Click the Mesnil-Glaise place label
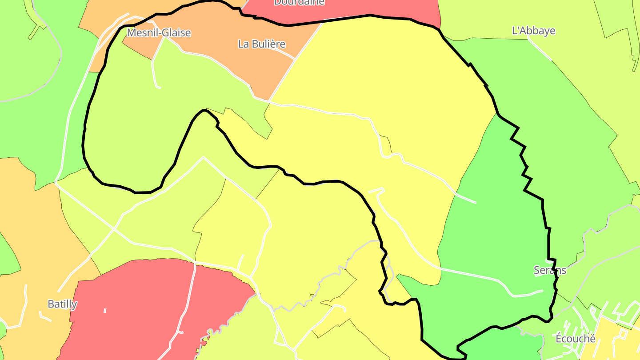[159, 33]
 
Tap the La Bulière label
[261, 44]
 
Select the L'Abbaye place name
[533, 31]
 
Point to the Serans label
[550, 270]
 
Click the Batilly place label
[62, 304]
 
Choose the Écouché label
[576, 339]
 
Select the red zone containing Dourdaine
[356, 9]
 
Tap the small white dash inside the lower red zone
[105, 311]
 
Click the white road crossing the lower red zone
[189, 302]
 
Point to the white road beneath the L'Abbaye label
[540, 49]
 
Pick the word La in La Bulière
[243, 44]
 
